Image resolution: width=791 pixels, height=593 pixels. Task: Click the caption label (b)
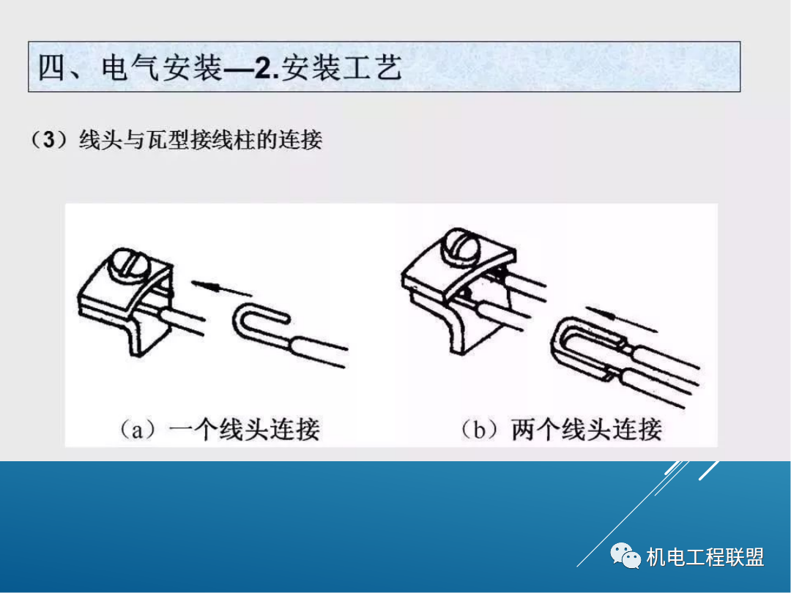pyautogui.click(x=480, y=428)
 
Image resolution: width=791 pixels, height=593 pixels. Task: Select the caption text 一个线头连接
pyautogui.click(x=245, y=428)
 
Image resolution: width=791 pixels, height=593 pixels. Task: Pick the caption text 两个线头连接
pyautogui.click(x=587, y=428)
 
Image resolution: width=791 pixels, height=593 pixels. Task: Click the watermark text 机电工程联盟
pyautogui.click(x=705, y=557)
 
